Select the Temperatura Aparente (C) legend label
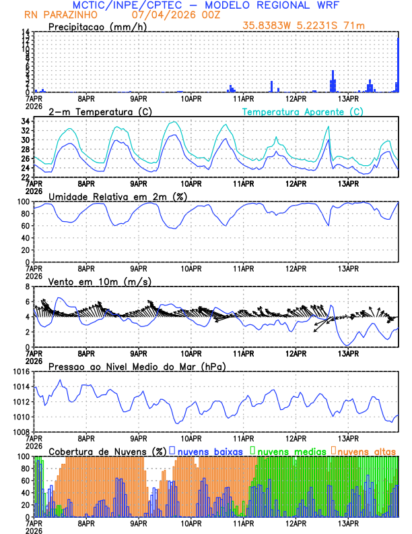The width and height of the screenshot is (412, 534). pos(302,111)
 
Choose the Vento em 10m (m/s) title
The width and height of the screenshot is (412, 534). pos(100,281)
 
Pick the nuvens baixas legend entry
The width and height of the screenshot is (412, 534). pos(210,450)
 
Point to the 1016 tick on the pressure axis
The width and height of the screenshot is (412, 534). pos(20,372)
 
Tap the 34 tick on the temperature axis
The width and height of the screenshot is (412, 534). pos(25,121)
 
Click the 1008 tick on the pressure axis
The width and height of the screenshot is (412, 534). pos(20,432)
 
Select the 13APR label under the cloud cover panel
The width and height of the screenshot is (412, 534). pos(348,522)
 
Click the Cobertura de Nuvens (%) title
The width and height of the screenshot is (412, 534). pos(107,450)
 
